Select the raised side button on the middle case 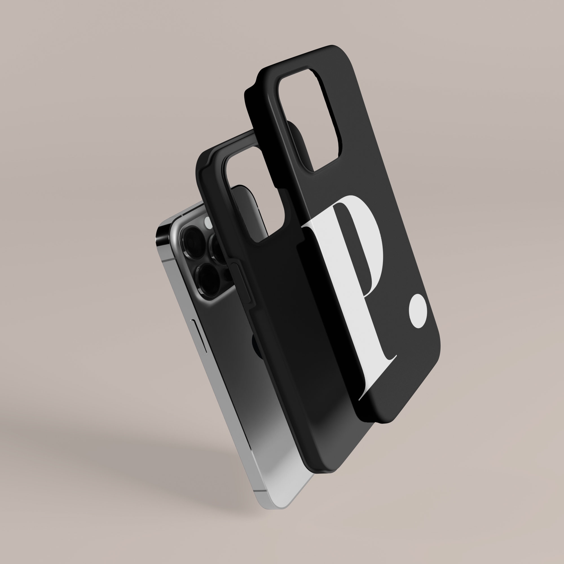tap(244, 281)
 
